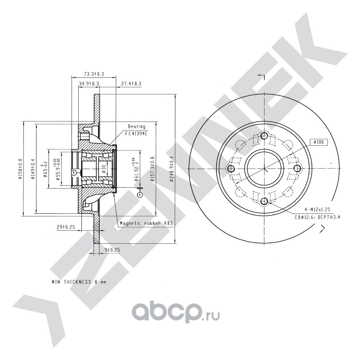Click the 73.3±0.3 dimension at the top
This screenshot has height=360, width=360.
tap(94, 73)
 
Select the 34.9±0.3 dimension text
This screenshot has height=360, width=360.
tap(89, 84)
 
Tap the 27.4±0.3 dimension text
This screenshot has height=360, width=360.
tap(131, 84)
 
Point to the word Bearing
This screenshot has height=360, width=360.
tap(137, 126)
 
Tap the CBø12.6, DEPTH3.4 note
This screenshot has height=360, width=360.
tap(318, 216)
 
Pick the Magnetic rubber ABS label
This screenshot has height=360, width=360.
tap(146, 222)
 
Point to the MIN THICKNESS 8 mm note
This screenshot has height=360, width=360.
tap(79, 282)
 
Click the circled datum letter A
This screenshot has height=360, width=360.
tap(139, 195)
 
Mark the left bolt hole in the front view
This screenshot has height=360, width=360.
tap(231, 168)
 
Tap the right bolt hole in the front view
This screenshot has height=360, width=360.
tap(297, 168)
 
